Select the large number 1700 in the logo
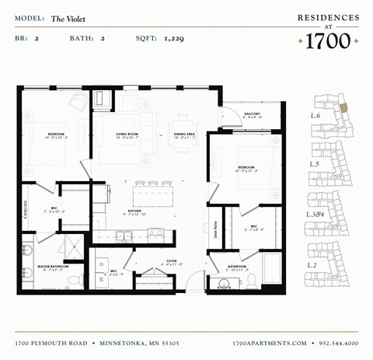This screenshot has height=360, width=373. tap(329, 41)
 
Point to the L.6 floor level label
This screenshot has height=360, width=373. tap(315, 115)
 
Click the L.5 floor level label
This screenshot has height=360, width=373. tap(315, 164)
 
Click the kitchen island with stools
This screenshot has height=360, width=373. tap(152, 192)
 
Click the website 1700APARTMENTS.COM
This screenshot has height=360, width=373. tap(270, 342)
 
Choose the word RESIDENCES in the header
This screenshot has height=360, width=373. tap(329, 16)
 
